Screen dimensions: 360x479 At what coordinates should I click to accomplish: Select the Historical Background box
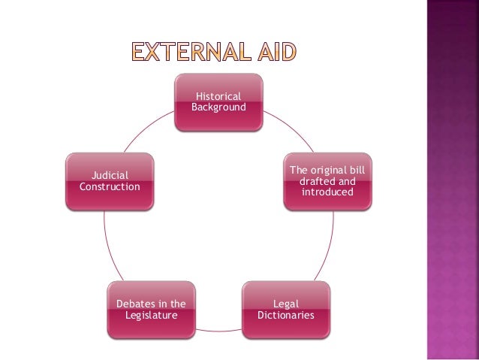point(218,102)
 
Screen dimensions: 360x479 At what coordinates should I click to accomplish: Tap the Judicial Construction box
point(110,180)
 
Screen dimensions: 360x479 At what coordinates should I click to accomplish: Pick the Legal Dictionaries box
point(285,308)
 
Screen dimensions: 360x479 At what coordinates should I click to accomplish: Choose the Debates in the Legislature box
point(151,308)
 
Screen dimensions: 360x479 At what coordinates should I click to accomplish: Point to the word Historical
point(218,96)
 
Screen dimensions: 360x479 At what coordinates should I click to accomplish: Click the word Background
point(218,107)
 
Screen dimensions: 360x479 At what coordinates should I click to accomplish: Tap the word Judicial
point(110,174)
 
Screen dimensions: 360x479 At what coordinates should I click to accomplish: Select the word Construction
point(110,186)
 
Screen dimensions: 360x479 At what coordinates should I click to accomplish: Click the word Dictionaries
point(285,315)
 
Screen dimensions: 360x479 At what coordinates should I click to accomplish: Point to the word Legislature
point(152,315)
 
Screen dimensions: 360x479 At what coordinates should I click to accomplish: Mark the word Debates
point(134,303)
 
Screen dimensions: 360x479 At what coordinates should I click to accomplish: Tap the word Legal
point(285,303)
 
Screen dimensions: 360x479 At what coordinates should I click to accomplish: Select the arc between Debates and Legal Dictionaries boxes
point(218,328)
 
